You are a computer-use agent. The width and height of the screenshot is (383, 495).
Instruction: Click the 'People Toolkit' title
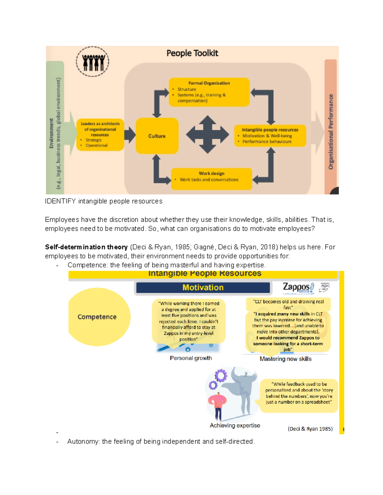point(192,53)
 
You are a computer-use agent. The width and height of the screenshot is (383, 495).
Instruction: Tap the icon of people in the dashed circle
point(93,62)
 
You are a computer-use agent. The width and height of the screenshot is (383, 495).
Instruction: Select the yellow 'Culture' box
point(157,136)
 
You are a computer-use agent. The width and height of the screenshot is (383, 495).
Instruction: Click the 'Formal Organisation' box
point(209,92)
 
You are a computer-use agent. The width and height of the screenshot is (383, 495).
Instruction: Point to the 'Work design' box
point(211,179)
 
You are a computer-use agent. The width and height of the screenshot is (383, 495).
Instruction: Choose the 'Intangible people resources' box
point(270,136)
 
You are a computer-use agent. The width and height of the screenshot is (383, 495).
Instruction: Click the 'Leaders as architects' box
point(100,135)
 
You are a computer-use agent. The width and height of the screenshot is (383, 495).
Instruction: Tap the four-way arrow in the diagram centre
point(207,135)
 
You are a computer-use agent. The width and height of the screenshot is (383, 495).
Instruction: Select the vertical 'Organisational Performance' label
point(331,131)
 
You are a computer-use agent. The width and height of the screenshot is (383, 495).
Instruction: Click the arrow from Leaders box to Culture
point(130,135)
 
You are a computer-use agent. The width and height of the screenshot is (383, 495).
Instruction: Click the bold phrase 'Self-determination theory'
point(86,247)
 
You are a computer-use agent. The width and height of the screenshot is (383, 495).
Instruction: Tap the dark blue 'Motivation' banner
point(203,288)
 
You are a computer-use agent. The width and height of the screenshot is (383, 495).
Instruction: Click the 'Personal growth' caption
point(191,358)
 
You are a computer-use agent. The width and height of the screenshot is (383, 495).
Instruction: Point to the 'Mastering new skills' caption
point(285,359)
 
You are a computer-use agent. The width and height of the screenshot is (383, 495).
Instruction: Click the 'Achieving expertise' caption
point(235,426)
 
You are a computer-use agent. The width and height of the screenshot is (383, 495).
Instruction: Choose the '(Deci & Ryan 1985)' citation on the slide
point(310,429)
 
